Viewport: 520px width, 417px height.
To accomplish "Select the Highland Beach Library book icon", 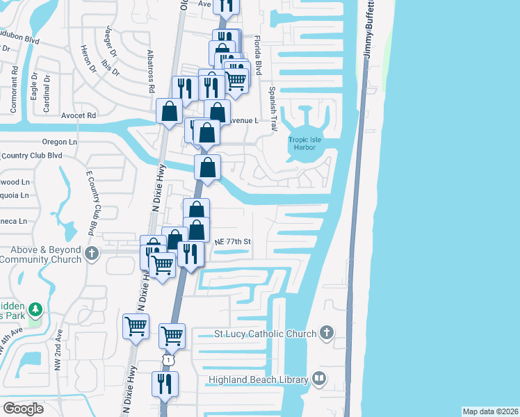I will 319,379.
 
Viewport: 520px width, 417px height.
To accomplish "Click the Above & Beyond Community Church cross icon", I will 92,254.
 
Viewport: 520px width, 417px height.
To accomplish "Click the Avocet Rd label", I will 78,115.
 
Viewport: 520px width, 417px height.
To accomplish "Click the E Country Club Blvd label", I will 90,202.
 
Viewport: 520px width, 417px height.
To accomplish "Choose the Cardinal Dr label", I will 47,89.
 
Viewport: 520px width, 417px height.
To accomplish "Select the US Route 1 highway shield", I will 168,359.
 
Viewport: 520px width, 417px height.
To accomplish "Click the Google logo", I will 23,409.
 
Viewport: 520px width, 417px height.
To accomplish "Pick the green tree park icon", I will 35,309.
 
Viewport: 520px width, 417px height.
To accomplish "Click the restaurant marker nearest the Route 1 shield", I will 165,384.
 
